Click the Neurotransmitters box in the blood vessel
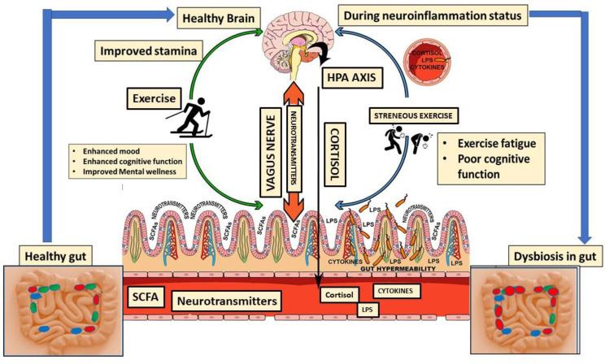tap(236, 301)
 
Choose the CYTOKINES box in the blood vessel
tap(399, 288)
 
